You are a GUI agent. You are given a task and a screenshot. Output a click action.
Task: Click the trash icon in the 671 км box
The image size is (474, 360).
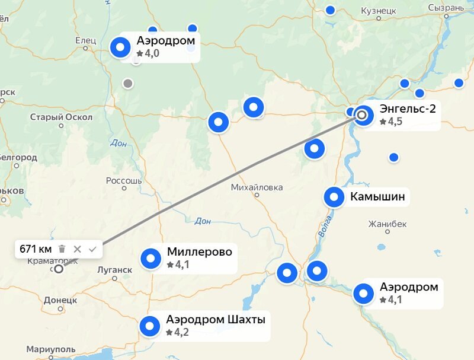[x=62, y=249]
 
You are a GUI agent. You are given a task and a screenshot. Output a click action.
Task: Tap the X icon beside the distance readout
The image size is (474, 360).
[x=77, y=249]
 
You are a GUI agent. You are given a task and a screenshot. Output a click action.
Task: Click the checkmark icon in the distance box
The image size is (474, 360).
[x=92, y=249]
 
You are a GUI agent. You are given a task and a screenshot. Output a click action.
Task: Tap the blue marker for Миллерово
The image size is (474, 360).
[x=150, y=259]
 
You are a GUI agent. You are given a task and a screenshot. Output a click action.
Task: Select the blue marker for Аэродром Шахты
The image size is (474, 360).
[x=149, y=326]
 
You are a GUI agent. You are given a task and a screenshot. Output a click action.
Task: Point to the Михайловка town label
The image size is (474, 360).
[x=257, y=187]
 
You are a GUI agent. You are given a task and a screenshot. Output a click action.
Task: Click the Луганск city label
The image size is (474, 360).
[x=114, y=270]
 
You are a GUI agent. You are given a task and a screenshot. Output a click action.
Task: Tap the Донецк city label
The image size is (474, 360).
[x=60, y=300]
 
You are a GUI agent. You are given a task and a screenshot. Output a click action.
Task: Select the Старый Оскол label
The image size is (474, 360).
[x=62, y=117]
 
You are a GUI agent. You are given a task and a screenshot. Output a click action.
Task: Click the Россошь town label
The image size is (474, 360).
[x=124, y=180]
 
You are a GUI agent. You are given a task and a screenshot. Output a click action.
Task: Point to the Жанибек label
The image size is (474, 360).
[x=387, y=224]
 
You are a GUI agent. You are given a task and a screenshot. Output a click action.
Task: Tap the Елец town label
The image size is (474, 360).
[x=86, y=40]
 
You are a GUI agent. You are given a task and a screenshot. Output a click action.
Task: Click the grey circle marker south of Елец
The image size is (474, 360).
[x=127, y=84]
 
